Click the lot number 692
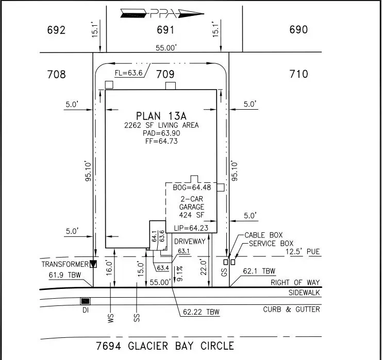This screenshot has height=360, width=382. coord(56,30)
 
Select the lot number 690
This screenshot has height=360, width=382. coord(298,30)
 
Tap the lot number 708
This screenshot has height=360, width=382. coord(56,75)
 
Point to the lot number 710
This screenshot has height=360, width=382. coord(298,75)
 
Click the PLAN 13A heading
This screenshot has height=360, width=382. coord(160,115)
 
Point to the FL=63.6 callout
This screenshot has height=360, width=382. coord(128,73)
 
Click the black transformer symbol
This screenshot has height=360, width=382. coord(93,264)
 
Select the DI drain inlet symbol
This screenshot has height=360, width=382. coord(85,301)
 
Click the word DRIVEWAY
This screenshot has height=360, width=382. coord(190,241)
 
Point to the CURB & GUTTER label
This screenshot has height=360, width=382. coord(291,309)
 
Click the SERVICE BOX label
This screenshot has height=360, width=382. coord(271,243)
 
